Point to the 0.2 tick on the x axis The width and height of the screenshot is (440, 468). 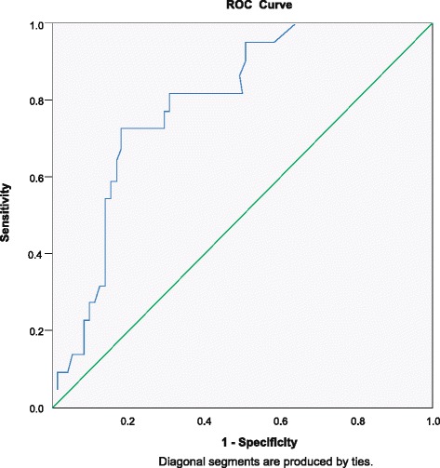(x=128, y=420)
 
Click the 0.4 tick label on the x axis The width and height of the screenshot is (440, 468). (x=205, y=420)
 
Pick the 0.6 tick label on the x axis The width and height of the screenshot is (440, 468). (x=281, y=420)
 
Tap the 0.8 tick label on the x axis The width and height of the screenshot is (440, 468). (x=356, y=420)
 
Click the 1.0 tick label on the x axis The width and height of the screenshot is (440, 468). (x=431, y=420)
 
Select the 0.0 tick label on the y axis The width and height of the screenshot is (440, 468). (x=38, y=408)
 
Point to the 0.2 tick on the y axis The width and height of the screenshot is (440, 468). (x=38, y=330)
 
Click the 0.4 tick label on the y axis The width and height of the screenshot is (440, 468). (x=38, y=254)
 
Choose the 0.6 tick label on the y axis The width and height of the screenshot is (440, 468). (x=38, y=177)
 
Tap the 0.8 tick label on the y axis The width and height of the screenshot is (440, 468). (x=38, y=100)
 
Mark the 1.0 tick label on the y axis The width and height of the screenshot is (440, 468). (x=38, y=24)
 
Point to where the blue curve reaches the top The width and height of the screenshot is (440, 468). (x=294, y=24)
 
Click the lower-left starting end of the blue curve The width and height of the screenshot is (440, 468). (x=58, y=389)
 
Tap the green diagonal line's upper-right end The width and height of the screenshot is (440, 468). (x=433, y=24)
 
